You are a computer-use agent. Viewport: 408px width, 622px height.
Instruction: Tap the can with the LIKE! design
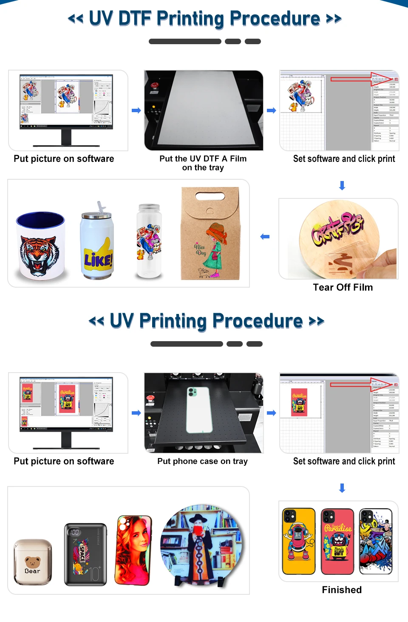(x=97, y=244)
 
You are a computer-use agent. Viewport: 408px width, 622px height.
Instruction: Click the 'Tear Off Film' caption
(x=343, y=288)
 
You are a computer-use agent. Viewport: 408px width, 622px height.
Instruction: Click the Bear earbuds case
(x=33, y=562)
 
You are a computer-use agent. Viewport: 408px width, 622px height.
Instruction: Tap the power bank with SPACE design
(x=85, y=554)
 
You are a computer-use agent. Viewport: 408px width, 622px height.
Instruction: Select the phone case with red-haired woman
(x=133, y=550)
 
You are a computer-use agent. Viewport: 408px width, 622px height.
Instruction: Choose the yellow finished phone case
(x=299, y=541)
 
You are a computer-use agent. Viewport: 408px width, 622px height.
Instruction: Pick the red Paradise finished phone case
(x=337, y=541)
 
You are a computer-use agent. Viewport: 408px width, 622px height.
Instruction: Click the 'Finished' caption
(x=342, y=590)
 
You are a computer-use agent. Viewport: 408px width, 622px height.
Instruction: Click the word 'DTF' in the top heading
(x=135, y=19)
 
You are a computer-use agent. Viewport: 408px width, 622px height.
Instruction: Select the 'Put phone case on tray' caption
(x=202, y=461)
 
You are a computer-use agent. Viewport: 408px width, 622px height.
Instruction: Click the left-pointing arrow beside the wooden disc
(x=265, y=237)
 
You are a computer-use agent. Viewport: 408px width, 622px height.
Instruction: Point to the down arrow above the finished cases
(x=342, y=488)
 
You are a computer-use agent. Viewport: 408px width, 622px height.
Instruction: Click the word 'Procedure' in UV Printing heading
(x=258, y=321)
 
